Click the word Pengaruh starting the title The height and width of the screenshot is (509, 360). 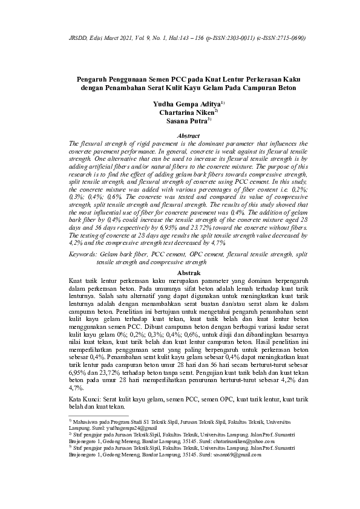coord(94,79)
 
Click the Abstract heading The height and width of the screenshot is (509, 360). coord(179,137)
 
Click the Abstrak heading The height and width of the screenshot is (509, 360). coord(179,273)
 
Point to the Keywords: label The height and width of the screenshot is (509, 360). coord(86,256)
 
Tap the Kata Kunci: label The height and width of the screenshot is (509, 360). coord(86,400)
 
